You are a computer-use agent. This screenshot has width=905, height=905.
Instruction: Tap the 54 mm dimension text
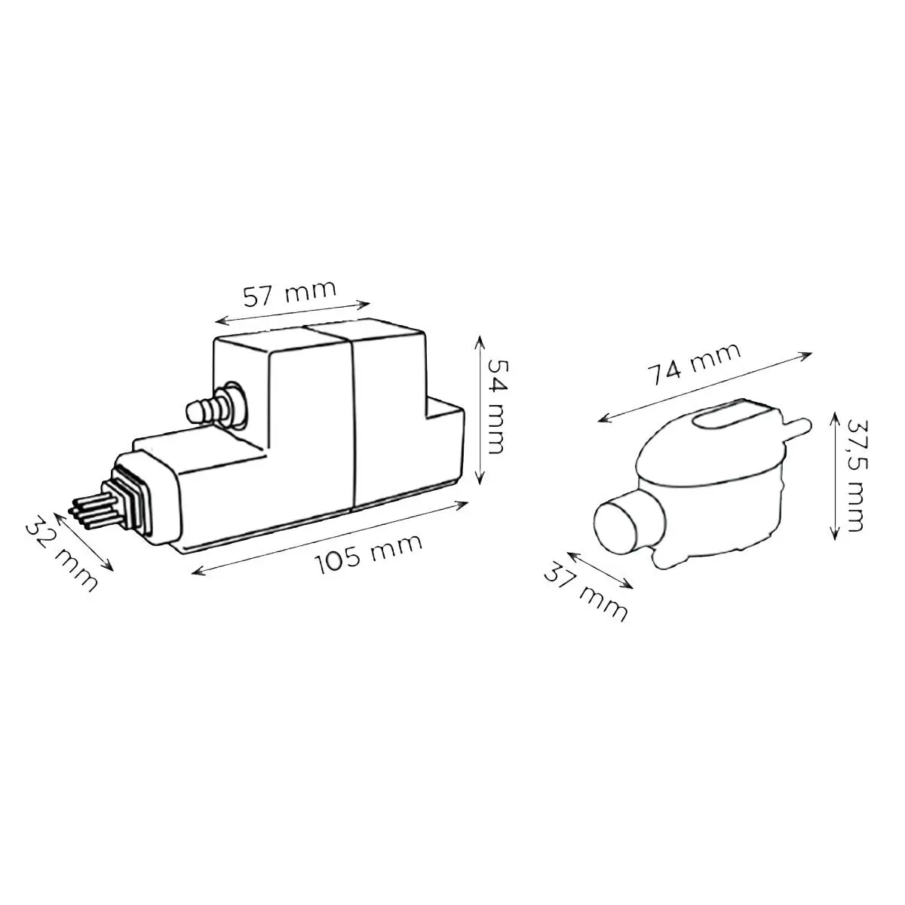coord(494,406)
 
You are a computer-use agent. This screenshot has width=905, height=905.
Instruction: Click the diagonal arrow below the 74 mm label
coord(705,387)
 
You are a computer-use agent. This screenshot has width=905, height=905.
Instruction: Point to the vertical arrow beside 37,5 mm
coord(833,476)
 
